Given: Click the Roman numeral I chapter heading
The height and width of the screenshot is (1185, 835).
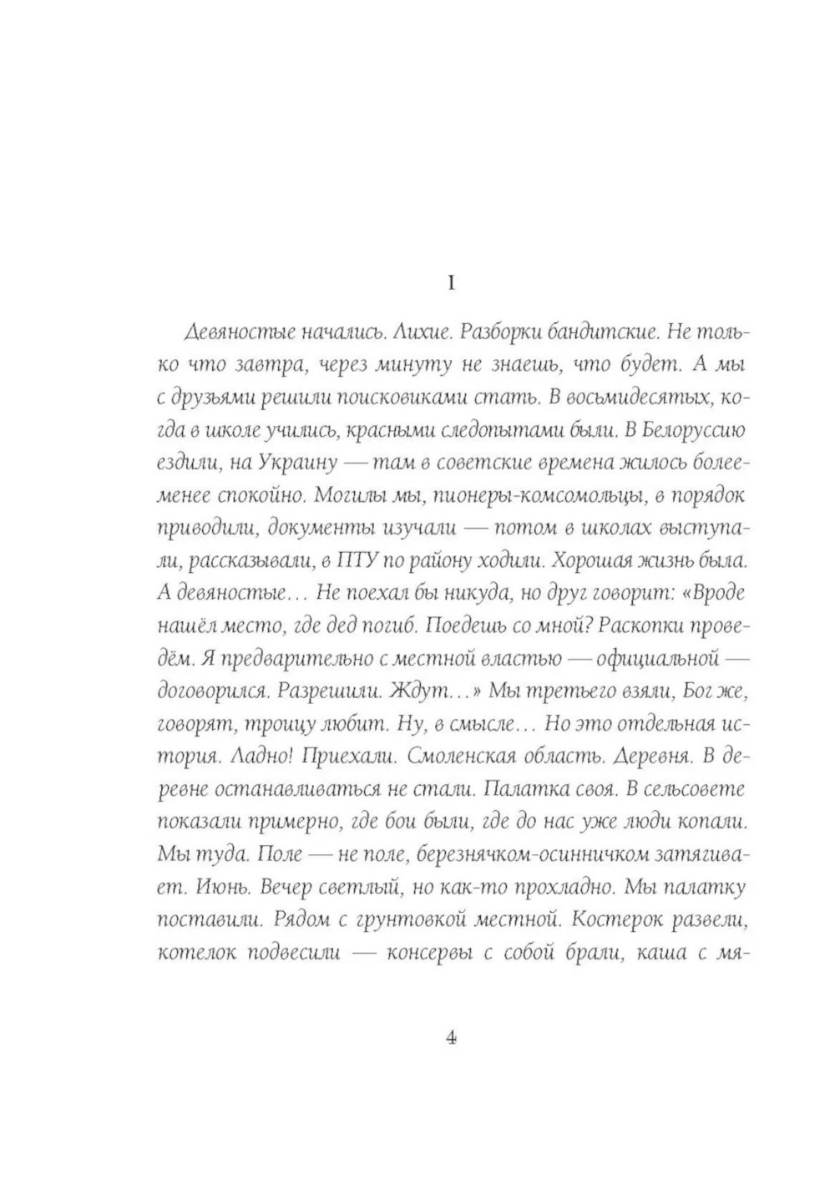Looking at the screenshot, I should [452, 284].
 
